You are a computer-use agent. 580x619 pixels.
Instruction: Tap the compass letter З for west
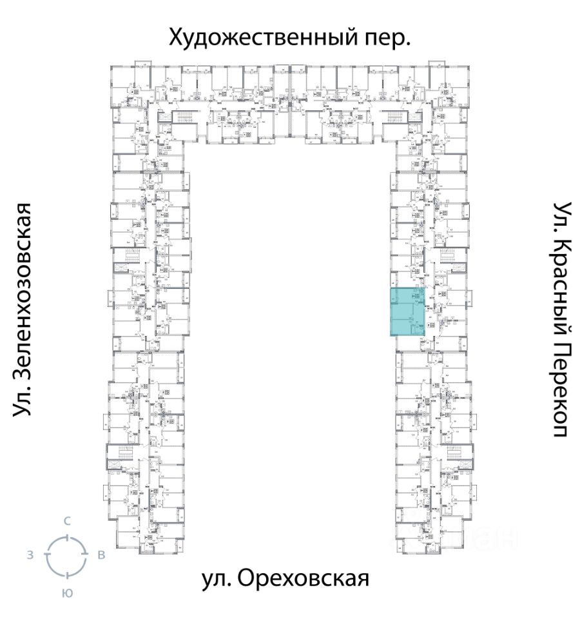tap(30, 555)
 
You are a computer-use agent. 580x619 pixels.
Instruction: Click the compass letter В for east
tap(101, 555)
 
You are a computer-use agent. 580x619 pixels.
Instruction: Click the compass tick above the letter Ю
tap(66, 575)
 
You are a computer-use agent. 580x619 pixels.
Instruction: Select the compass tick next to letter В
tap(86, 555)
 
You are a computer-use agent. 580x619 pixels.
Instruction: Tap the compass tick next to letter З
tap(46, 555)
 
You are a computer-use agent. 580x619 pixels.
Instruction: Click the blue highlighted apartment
tap(407, 312)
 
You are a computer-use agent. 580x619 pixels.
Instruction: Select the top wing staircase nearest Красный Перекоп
tap(394, 118)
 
